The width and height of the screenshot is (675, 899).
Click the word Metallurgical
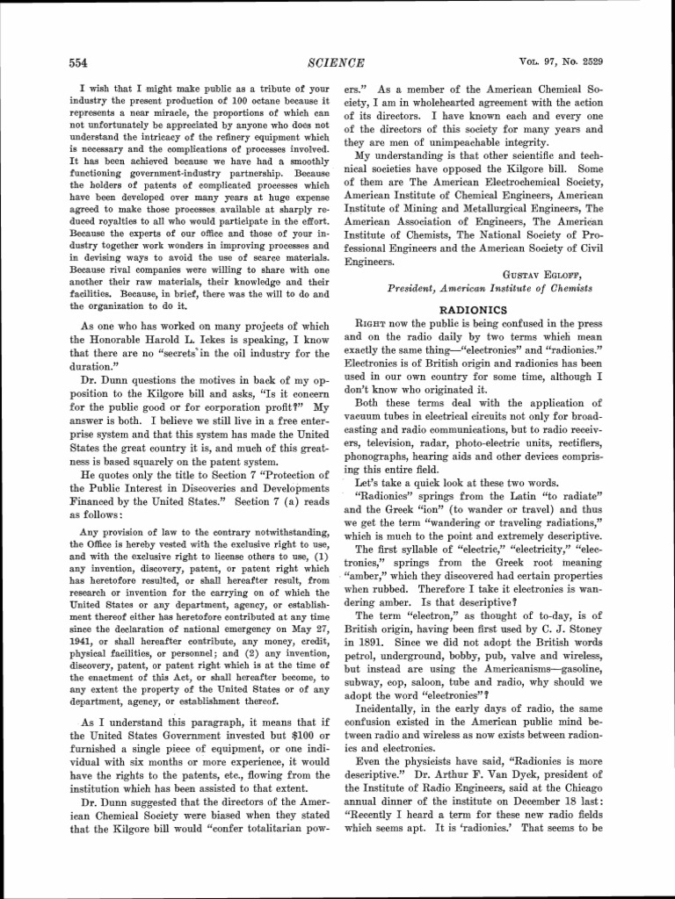click(x=486, y=208)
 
